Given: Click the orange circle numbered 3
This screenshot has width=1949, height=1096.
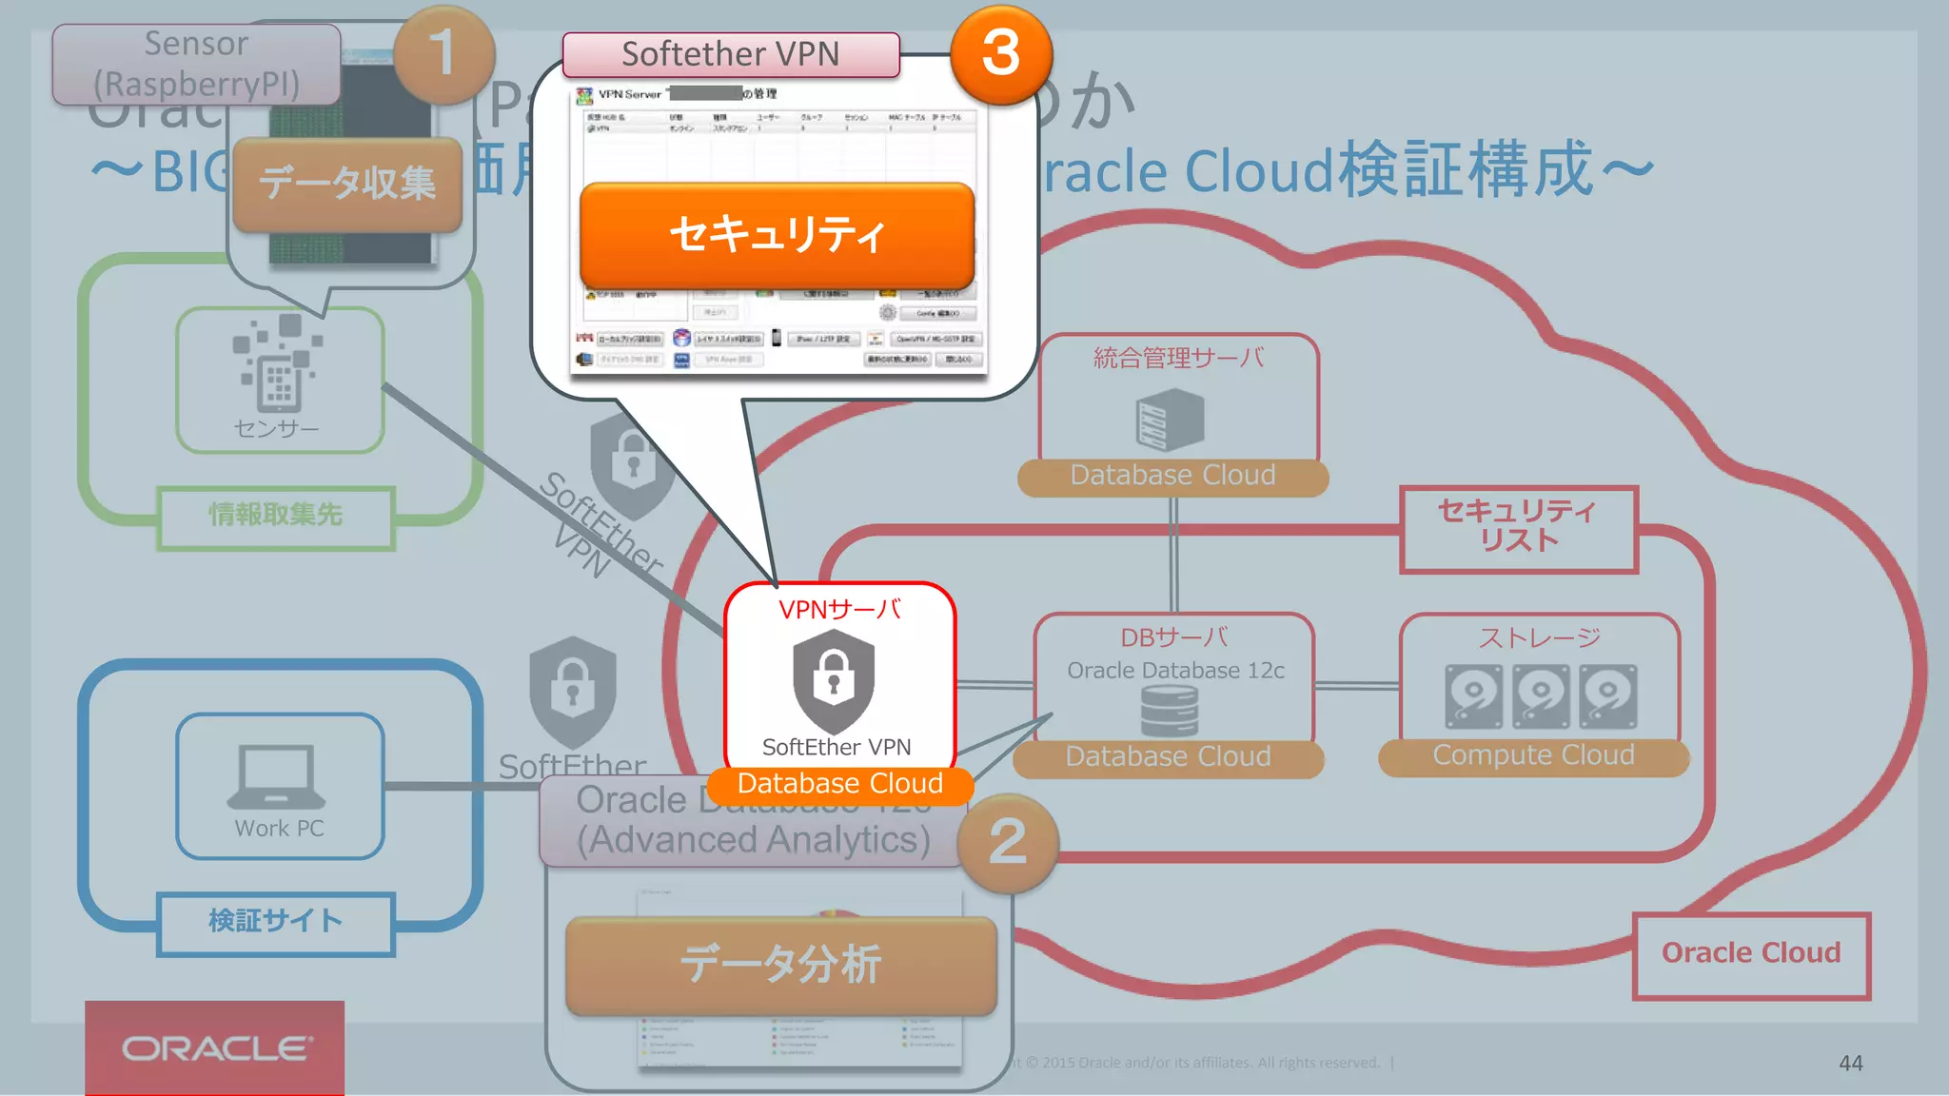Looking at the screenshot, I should coord(1001,53).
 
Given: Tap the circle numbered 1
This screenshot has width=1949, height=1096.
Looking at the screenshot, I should coord(443,53).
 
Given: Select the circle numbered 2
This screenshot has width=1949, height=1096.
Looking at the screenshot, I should coord(1008,843).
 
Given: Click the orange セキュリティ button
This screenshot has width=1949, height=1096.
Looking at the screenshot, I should coord(777,234).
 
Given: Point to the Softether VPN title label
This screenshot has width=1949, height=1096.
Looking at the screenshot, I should coord(730,54).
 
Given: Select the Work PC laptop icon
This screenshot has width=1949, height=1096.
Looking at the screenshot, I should coord(277,775).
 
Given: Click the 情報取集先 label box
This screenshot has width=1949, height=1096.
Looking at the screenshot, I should coord(276,517).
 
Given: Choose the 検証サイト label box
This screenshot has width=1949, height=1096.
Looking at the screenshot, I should coord(276,922).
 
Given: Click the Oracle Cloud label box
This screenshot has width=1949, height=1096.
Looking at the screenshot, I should coord(1751,954).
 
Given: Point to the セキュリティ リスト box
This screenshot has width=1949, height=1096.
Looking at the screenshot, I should coord(1518,528).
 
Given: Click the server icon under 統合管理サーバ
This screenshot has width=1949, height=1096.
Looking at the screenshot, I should coord(1170,421).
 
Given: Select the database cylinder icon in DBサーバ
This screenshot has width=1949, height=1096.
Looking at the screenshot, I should coord(1170,711).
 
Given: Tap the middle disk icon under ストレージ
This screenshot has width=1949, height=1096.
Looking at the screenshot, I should coord(1541,695).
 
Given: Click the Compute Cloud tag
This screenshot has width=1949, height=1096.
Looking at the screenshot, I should coord(1533,756).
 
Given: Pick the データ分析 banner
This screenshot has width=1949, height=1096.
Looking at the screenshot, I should coord(780,965).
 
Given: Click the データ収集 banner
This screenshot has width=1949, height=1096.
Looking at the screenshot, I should coord(347,183).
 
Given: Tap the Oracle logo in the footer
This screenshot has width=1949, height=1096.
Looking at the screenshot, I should coord(215,1048).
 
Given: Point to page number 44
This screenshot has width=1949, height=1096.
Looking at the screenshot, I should coord(1850,1064).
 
